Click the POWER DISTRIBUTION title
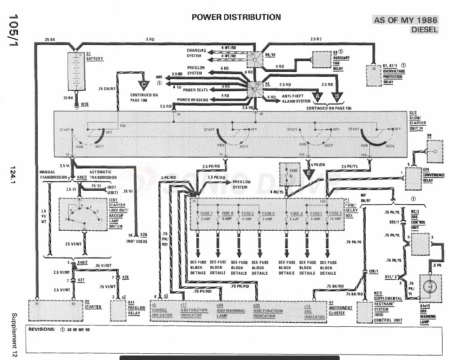click(x=236, y=18)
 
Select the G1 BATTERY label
click(x=94, y=57)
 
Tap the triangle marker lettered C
click(x=144, y=83)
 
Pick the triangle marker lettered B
click(x=337, y=96)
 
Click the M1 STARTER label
click(x=93, y=305)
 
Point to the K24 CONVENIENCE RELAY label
click(x=433, y=173)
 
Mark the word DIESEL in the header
click(x=425, y=30)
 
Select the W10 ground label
click(x=84, y=103)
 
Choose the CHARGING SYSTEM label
click(x=197, y=53)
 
